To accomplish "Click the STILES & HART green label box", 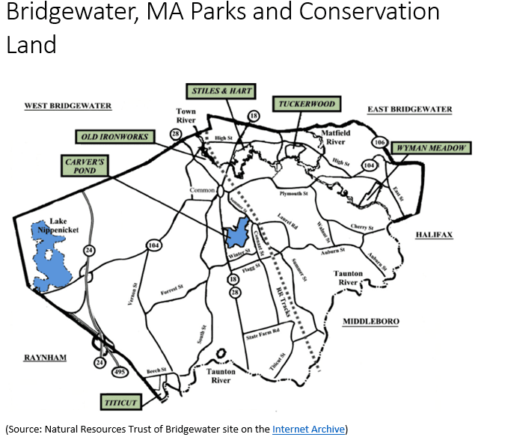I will point(221,91).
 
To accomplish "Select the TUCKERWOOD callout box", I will point(305,104).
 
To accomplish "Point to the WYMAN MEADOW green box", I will point(432,148).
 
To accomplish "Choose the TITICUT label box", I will point(120,403).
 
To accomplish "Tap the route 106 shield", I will point(379,143).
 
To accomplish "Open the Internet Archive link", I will point(308,430).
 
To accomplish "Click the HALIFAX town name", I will point(434,235).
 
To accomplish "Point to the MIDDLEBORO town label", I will point(370,322).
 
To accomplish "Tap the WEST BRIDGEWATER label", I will point(68,106).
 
